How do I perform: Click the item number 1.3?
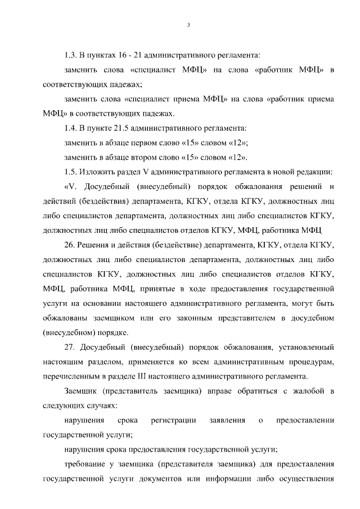coord(71,56)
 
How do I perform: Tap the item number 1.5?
coord(71,171)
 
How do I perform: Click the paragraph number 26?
coord(70,245)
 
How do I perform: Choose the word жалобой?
coord(304,391)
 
